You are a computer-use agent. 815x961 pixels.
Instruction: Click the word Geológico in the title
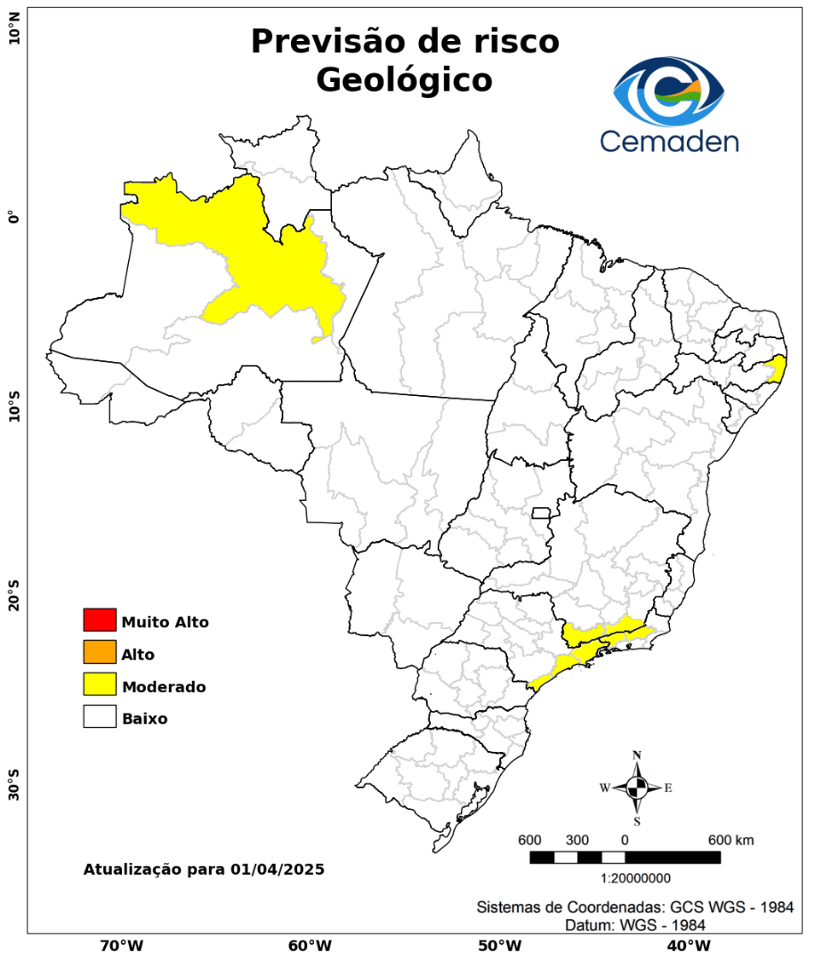point(404,80)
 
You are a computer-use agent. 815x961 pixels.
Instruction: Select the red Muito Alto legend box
point(100,620)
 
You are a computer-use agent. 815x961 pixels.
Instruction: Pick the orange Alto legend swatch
point(100,652)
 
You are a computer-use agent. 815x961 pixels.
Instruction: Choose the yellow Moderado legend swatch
point(100,684)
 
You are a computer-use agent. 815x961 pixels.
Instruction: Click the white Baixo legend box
point(100,716)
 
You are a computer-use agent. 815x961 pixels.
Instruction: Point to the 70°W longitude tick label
point(122,945)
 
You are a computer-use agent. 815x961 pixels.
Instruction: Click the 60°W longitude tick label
point(311,945)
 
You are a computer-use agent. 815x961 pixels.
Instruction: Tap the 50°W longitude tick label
point(498,945)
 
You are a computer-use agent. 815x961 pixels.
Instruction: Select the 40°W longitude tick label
point(686,945)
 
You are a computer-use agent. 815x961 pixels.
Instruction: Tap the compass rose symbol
point(637,787)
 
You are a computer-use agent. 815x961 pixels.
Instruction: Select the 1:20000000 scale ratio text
point(636,878)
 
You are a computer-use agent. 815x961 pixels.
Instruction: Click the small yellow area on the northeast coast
point(777,367)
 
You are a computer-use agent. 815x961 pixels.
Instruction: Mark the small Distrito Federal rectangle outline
point(541,513)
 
